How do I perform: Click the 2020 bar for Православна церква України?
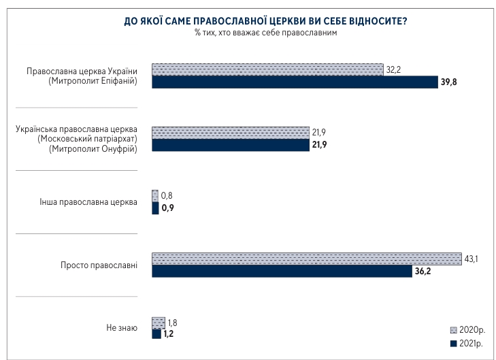267,69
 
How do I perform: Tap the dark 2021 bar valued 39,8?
294,82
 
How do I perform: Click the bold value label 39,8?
450,82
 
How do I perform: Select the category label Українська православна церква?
76,129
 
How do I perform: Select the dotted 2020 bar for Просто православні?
305,259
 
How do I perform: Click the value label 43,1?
472,259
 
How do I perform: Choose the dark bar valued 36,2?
280,272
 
